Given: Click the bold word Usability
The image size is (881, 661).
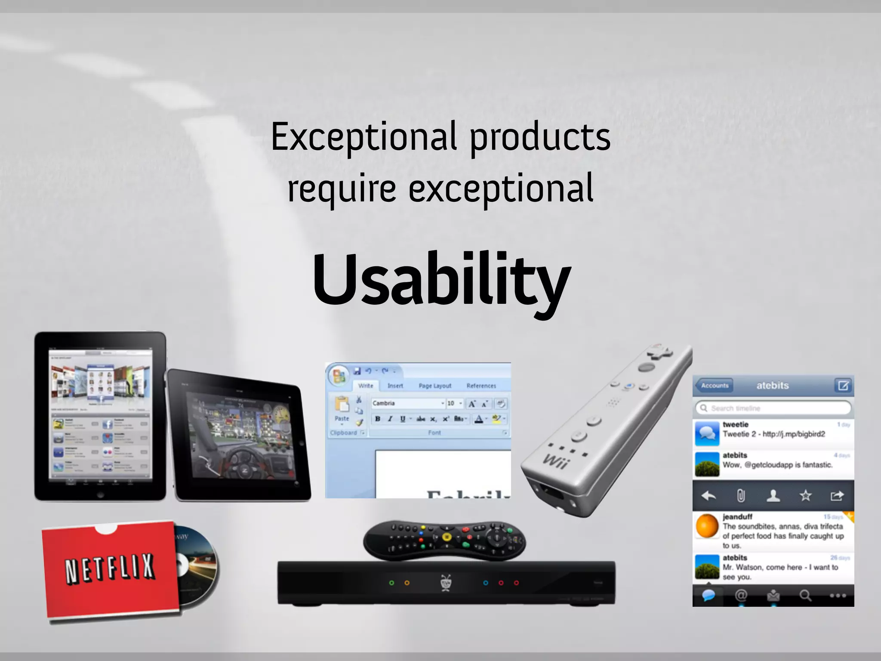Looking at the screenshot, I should [x=441, y=280].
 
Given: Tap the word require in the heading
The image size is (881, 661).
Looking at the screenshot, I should [x=342, y=188].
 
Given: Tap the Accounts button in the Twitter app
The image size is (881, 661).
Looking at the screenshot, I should [x=715, y=386].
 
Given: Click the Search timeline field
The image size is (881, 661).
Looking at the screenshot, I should [x=773, y=408].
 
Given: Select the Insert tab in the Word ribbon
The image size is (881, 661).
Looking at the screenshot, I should [x=395, y=386].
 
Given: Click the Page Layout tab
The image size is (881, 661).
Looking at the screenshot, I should [x=435, y=386].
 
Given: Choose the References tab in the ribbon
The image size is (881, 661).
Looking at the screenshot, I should [x=481, y=386].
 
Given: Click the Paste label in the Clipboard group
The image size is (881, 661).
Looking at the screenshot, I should [x=342, y=418].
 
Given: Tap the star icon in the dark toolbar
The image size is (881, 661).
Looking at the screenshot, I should [x=805, y=496].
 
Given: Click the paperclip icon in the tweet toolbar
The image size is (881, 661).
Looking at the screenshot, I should [x=741, y=496].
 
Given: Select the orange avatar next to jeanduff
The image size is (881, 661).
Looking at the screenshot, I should [x=707, y=526].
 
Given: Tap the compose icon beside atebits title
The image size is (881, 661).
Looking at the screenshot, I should [x=843, y=385].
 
